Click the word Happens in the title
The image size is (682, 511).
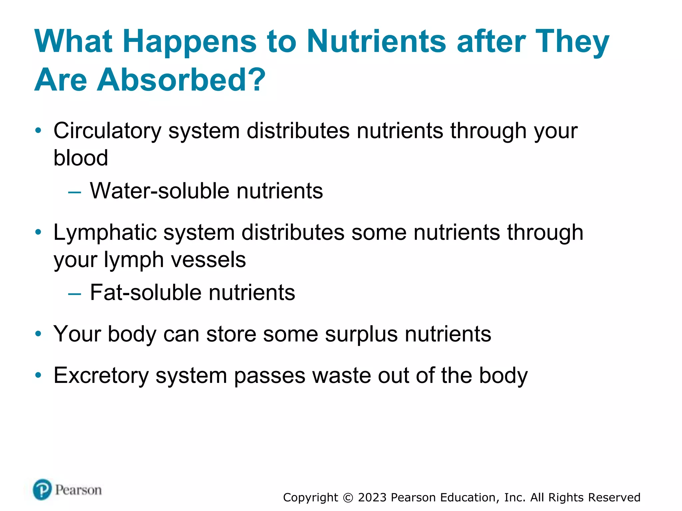[189, 42]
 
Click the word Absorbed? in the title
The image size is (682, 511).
[181, 80]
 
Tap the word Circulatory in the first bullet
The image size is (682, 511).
[107, 131]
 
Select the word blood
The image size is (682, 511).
[81, 158]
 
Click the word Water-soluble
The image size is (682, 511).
[160, 191]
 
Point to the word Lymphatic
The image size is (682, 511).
[105, 233]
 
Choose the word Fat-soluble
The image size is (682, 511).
[146, 293]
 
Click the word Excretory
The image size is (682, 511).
[101, 376]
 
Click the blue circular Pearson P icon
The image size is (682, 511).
[42, 489]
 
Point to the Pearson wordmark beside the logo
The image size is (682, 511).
[78, 490]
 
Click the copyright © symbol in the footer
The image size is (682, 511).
[348, 498]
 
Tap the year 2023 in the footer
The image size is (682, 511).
[372, 498]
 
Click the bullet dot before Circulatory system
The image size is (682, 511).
[38, 131]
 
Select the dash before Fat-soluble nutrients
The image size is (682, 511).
[74, 294]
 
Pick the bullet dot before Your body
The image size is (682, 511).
[38, 334]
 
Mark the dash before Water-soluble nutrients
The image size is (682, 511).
[74, 192]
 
